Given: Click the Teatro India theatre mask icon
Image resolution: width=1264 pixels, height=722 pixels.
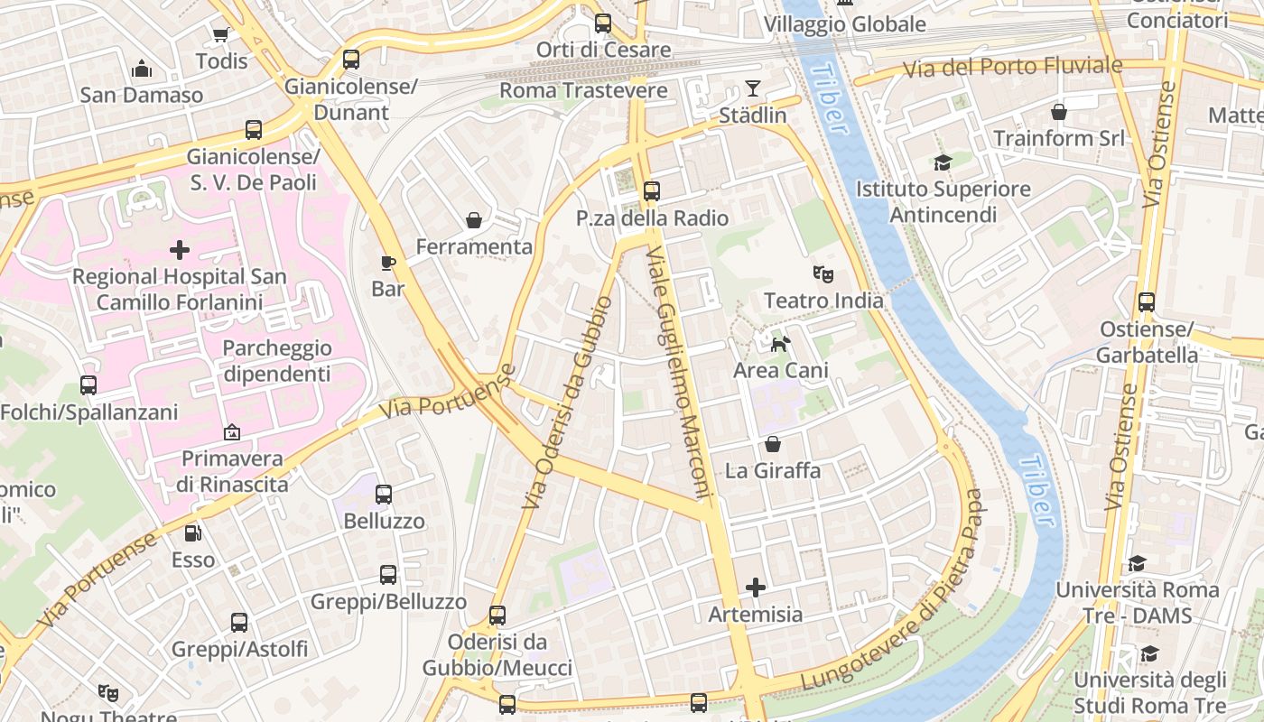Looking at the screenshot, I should (x=823, y=273).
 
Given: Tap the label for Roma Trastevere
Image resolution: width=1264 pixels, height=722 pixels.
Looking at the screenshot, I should (x=583, y=90).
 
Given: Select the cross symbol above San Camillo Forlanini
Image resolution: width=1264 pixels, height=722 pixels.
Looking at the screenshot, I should (x=180, y=249).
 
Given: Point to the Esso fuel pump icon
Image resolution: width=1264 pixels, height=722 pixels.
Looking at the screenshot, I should (x=192, y=533).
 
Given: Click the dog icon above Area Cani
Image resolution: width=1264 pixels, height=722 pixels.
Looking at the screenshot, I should (x=780, y=343).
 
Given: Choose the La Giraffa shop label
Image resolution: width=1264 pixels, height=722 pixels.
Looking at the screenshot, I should (x=773, y=470).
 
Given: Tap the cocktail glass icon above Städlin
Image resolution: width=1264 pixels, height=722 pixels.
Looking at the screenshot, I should (x=753, y=88).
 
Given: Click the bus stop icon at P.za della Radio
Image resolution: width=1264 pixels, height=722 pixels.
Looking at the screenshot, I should (x=652, y=191).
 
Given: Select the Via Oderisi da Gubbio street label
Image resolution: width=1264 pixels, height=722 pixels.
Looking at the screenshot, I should (x=567, y=402).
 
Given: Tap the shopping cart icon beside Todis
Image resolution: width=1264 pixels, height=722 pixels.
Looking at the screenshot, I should (x=220, y=35).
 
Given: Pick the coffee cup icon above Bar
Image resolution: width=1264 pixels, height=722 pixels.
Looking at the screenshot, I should (x=388, y=263).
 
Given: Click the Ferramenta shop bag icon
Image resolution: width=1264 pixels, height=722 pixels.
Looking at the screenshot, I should (x=473, y=220).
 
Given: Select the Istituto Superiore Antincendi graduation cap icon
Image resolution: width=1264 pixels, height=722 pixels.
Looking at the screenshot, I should (x=943, y=162).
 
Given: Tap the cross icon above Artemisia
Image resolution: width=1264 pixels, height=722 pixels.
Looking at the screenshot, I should (x=756, y=588).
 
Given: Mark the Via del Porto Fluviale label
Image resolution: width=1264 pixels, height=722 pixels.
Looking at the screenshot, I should (x=1013, y=66).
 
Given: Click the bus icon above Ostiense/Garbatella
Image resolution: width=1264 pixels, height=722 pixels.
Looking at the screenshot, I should (x=1147, y=302).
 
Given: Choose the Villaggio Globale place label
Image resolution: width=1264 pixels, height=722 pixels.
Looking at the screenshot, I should (x=845, y=24).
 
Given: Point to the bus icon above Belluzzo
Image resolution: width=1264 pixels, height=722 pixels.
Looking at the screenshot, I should (x=384, y=494).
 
